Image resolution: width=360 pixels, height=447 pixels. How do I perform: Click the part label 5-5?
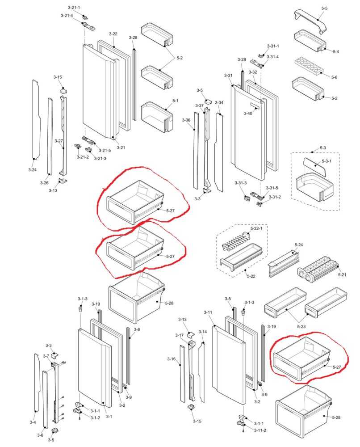[x=324, y=8]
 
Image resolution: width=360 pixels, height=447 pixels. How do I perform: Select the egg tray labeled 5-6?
[x=308, y=65]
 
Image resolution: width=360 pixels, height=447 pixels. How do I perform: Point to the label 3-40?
[x=248, y=114]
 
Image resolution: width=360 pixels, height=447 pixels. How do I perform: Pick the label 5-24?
[x=299, y=245]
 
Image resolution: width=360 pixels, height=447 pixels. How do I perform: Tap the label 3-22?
[x=113, y=34]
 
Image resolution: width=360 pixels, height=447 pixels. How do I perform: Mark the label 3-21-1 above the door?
[x=74, y=8]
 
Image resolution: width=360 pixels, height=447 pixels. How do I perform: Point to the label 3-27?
[x=59, y=141]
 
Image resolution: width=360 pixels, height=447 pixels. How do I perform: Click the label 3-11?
[x=208, y=312]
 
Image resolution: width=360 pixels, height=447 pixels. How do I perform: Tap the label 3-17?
[x=179, y=335]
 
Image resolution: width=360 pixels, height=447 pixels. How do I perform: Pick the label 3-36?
[x=186, y=120]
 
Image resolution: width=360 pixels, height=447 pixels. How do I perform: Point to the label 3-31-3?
[x=241, y=183]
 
